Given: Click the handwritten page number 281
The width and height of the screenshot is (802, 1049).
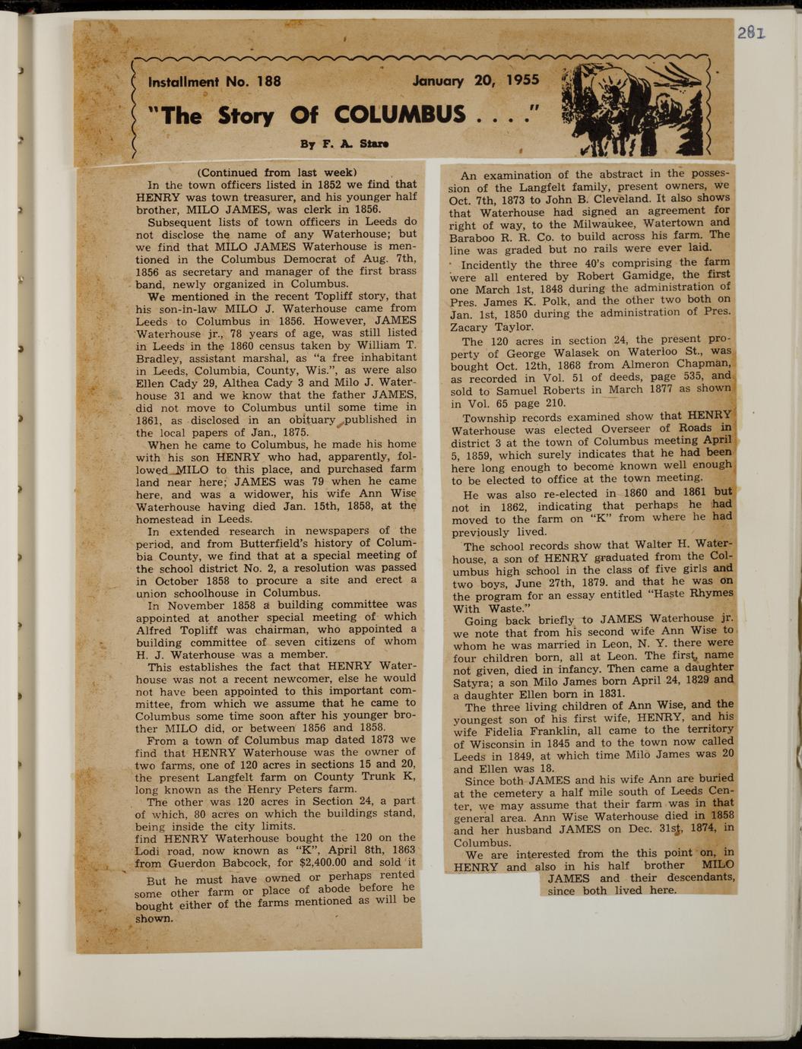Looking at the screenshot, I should (x=750, y=33).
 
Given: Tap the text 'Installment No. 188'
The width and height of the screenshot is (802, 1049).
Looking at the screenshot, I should (x=214, y=81).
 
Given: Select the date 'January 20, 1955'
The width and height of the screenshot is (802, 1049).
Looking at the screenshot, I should (x=475, y=80).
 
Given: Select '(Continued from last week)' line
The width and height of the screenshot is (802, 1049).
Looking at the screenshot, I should (x=277, y=172).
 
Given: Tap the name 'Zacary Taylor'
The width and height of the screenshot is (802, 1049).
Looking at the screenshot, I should (x=492, y=326).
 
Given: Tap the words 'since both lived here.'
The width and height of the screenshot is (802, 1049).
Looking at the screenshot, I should (x=612, y=890).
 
